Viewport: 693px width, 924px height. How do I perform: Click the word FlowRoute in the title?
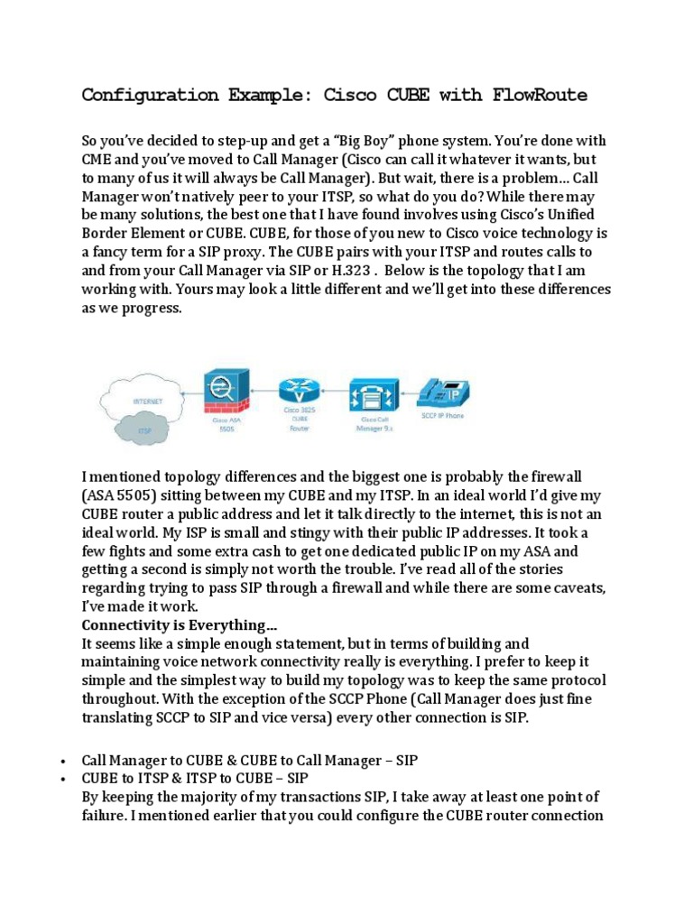(x=540, y=95)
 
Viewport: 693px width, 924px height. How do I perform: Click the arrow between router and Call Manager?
(x=336, y=394)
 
